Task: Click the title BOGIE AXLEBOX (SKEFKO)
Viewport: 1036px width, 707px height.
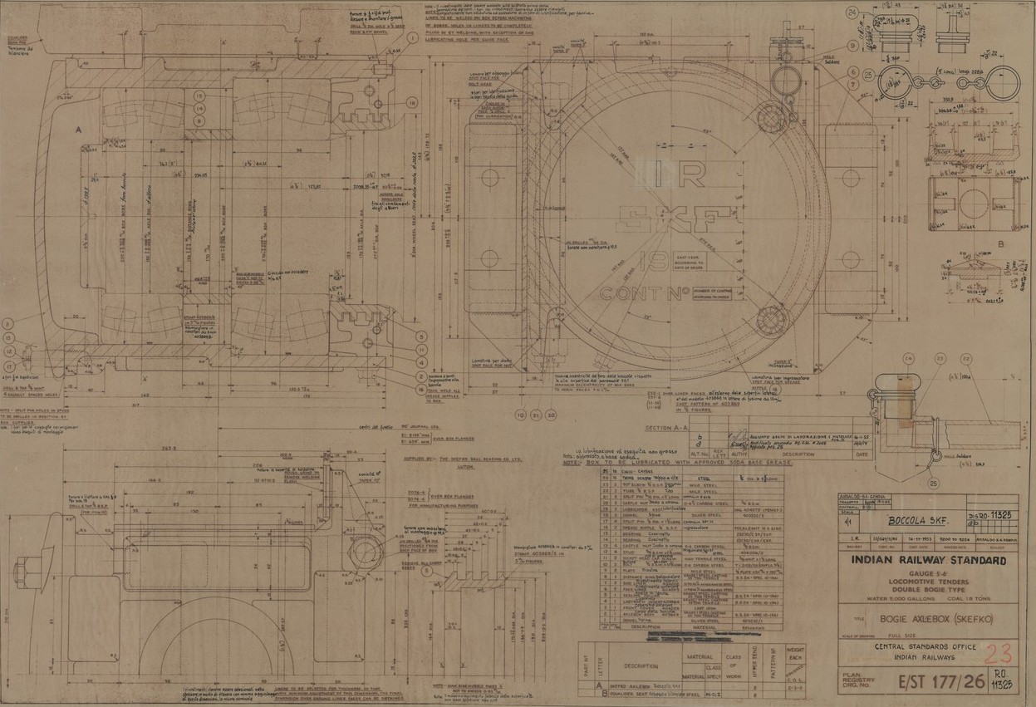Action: [x=927, y=620]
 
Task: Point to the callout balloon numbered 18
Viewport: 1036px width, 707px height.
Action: [x=412, y=103]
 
